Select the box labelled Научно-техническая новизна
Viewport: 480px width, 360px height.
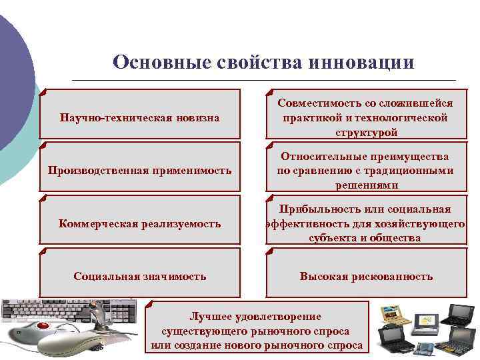coord(139,117)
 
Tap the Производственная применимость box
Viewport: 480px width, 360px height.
coord(139,170)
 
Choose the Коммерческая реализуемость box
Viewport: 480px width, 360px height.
coord(139,223)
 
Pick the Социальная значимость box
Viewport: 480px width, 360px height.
coord(139,276)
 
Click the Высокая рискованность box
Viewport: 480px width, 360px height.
coord(365,276)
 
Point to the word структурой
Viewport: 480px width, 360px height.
coord(366,131)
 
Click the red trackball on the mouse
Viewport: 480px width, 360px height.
coord(45,327)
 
